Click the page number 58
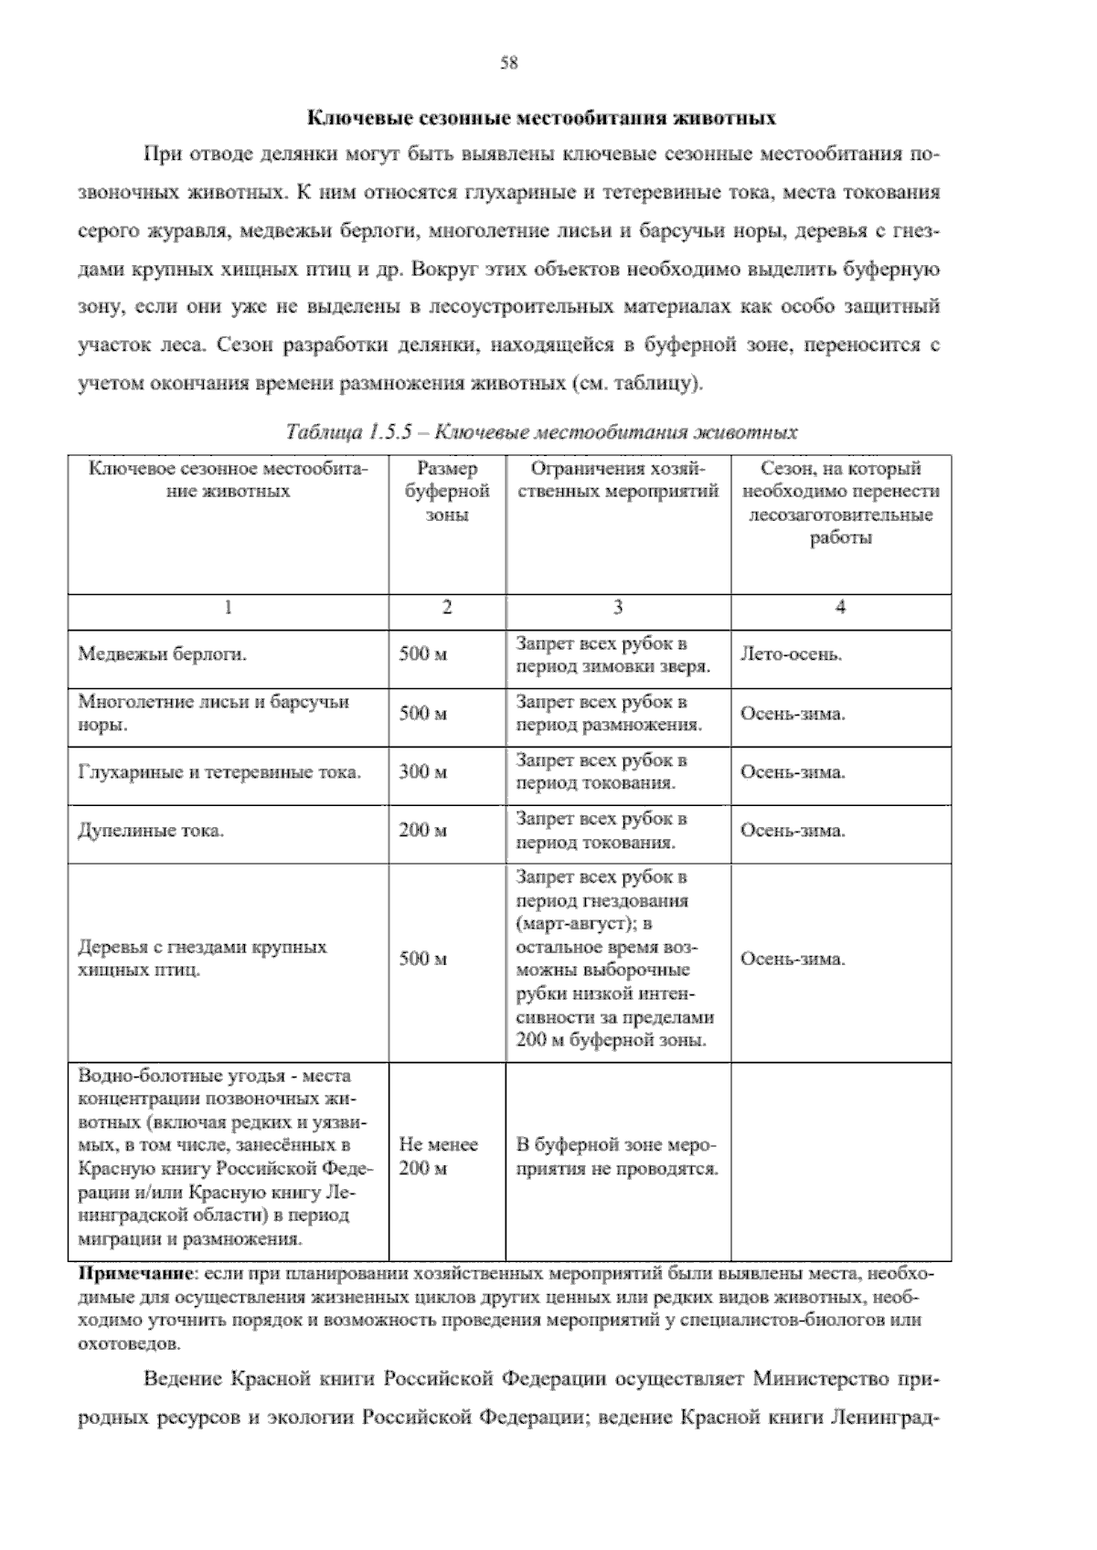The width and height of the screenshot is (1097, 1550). [x=509, y=63]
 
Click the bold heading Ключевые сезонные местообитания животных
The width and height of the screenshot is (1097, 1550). [x=541, y=118]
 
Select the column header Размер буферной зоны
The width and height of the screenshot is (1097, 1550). [x=446, y=492]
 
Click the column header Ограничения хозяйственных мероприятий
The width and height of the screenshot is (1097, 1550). [x=618, y=481]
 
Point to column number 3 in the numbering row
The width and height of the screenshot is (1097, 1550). [x=618, y=608]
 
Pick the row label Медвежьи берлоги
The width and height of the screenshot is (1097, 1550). [x=163, y=655]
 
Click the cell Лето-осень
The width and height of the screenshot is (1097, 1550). [x=791, y=655]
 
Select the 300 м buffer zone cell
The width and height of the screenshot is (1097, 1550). [x=423, y=772]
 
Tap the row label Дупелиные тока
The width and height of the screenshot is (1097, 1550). [x=151, y=832]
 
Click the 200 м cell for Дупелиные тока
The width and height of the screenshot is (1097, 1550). [x=423, y=831]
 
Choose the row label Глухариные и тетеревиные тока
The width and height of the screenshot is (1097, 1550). [x=219, y=772]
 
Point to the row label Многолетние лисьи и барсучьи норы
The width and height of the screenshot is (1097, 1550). [x=213, y=714]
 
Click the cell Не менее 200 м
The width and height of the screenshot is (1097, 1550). [x=439, y=1156]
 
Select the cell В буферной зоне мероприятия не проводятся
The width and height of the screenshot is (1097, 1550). [x=617, y=1156]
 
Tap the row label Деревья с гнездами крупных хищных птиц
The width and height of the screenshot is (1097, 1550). [x=202, y=958]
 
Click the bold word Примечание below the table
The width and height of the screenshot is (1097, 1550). [x=137, y=1272]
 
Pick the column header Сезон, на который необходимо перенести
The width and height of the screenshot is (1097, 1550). [x=840, y=503]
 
